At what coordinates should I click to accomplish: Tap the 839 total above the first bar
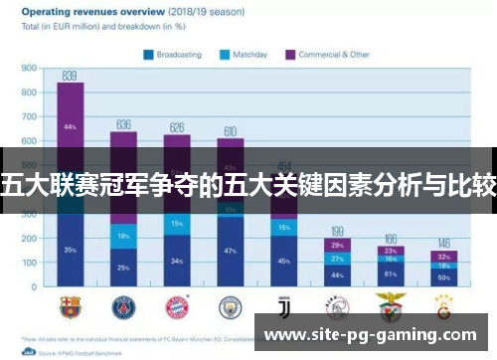pos(71,75)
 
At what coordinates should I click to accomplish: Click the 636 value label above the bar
pos(123,124)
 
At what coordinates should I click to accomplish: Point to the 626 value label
pos(177,127)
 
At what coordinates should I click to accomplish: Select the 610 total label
pos(230,131)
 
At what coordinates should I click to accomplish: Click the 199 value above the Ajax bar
pos(338,231)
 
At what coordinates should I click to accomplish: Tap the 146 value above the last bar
pos(444,243)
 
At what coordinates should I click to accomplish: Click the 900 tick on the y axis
pos(29,70)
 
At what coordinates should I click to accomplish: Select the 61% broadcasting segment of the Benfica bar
pos(391,272)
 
